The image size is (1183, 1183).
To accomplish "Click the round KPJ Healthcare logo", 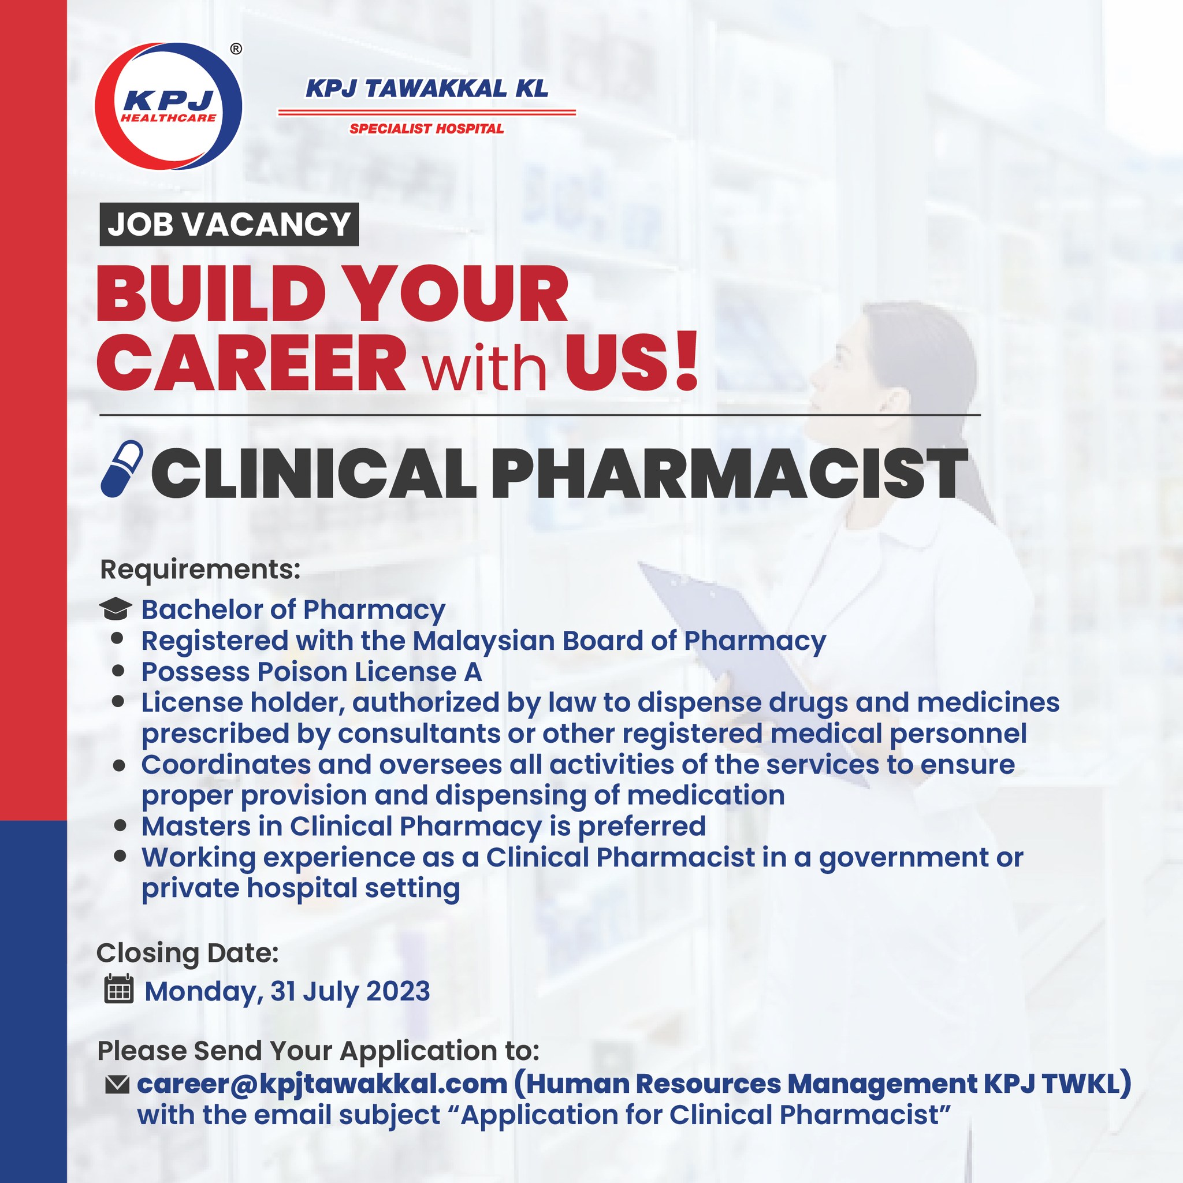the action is [x=169, y=106].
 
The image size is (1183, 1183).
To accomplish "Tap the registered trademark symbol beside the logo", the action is [x=236, y=49].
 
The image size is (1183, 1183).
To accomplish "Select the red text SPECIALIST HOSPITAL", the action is [x=426, y=129].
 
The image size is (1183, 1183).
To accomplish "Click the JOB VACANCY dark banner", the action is [x=229, y=224].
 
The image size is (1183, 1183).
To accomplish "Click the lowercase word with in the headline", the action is [x=485, y=367].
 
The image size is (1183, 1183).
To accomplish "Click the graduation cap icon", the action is [x=115, y=609].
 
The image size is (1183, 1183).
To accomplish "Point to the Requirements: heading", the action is [x=200, y=570].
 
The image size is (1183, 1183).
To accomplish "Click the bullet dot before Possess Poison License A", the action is [x=119, y=671].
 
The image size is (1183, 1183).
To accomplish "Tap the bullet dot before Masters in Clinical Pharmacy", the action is [x=120, y=825].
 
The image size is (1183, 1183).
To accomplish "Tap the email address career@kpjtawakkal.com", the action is [x=323, y=1084].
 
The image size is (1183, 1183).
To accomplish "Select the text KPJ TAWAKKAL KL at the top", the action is [x=427, y=90].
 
